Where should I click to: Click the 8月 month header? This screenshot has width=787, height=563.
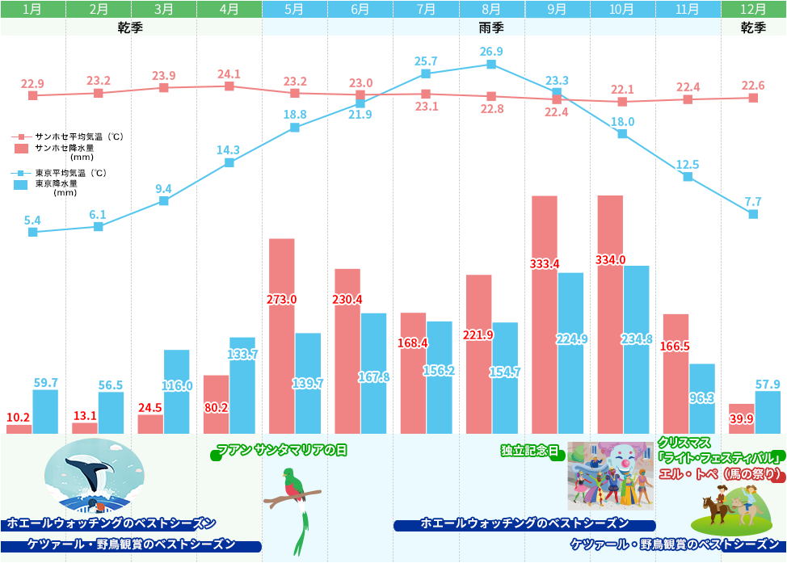pos(491,10)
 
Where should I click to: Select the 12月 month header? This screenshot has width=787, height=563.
pos(753,10)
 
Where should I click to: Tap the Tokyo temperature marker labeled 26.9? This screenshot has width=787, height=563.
pos(491,64)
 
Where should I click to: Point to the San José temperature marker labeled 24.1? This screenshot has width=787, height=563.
pos(229,86)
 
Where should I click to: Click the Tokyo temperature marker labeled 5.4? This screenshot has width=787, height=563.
pos(33,232)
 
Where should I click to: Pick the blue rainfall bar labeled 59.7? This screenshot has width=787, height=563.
pos(45,412)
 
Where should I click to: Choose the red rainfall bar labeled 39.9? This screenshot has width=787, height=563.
pos(742,418)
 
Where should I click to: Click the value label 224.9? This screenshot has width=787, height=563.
pos(570,339)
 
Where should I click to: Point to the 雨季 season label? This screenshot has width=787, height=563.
pos(490,27)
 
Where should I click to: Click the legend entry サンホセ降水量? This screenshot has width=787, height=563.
pos(65,149)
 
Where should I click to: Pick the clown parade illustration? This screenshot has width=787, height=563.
pos(611,476)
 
